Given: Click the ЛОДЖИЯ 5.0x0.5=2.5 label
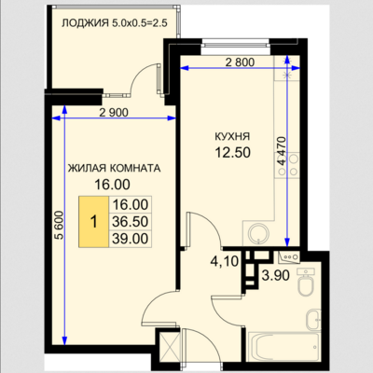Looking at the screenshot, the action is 115,23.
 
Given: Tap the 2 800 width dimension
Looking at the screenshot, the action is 240,62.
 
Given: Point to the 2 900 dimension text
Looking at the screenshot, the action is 114,112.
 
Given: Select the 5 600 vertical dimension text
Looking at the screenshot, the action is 59,225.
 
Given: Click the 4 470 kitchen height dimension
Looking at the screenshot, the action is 282,150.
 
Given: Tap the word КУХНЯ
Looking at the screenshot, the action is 232,136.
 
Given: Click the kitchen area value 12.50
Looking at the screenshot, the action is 233,153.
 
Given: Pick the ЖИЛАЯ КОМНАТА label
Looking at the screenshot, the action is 114,168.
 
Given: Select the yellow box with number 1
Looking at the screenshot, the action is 93,222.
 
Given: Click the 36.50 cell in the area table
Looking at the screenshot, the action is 130,222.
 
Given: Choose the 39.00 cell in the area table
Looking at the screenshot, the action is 130,239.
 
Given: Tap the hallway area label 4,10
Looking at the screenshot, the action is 225,261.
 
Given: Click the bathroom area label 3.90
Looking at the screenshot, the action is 276,275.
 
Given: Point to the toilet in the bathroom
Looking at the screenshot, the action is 306,283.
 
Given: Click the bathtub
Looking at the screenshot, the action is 283,347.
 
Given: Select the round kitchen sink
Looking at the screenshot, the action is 259,233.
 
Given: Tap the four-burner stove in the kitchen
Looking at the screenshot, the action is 288,165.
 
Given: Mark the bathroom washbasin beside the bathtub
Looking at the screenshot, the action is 313,320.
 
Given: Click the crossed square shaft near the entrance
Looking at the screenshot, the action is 170,348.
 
